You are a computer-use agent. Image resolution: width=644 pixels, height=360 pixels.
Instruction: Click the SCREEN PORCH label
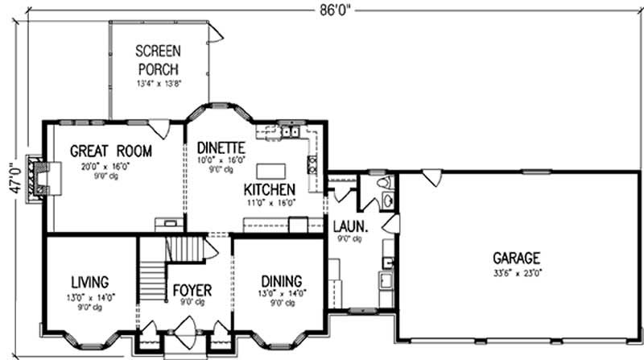pos(157,59)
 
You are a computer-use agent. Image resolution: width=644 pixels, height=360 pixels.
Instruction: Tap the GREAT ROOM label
pos(110,151)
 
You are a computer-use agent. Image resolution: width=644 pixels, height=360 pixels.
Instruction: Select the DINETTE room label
pos(221,147)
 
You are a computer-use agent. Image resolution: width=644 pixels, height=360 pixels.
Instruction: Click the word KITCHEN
pos(270,188)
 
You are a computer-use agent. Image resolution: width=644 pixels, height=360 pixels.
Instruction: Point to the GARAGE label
pos(516,259)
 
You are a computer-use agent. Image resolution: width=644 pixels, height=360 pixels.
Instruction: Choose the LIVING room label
pos(89,282)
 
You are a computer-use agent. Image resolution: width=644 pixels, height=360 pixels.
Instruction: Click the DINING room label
pos(281,281)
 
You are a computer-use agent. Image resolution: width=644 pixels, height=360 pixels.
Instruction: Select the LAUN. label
pos(350,226)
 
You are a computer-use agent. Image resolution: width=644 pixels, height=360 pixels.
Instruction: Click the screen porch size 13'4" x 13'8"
pos(157,82)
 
